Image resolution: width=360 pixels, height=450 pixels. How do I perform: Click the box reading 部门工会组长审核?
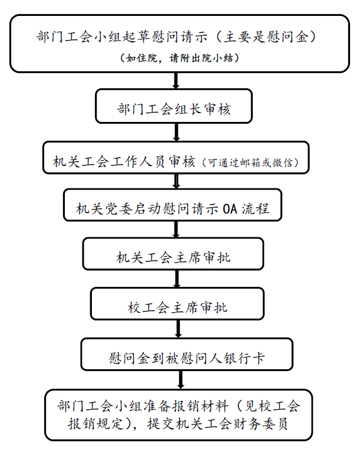coord(174,106)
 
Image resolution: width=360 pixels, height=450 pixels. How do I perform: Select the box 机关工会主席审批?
coord(173,254)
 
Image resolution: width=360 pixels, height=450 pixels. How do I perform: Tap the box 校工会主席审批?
coord(177,304)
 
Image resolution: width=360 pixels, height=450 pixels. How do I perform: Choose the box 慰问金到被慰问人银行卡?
coord(187,354)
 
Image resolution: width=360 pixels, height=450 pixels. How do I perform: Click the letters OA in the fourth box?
coord(230,209)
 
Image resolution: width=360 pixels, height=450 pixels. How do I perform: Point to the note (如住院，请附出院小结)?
coord(180,58)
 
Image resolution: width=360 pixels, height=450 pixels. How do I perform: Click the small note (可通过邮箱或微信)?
coord(250,163)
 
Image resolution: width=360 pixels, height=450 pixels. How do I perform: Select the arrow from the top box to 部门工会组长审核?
coord(176,81)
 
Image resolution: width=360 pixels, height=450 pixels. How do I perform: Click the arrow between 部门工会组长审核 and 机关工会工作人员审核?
coord(177,133)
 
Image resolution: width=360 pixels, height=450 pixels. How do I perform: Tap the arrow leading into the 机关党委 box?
coord(177,181)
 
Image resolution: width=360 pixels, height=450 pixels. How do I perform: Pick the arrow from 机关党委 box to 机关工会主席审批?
coord(176,229)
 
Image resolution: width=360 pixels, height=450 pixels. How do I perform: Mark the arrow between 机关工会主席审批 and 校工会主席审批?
coord(177,279)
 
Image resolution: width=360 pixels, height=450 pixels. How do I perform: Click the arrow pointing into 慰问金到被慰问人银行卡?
coord(179,329)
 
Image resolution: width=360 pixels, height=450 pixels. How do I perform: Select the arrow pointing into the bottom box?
coord(180,380)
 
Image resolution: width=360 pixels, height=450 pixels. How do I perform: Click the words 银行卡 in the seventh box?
coord(244,359)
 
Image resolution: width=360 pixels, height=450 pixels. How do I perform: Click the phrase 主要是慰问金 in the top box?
coord(266,37)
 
